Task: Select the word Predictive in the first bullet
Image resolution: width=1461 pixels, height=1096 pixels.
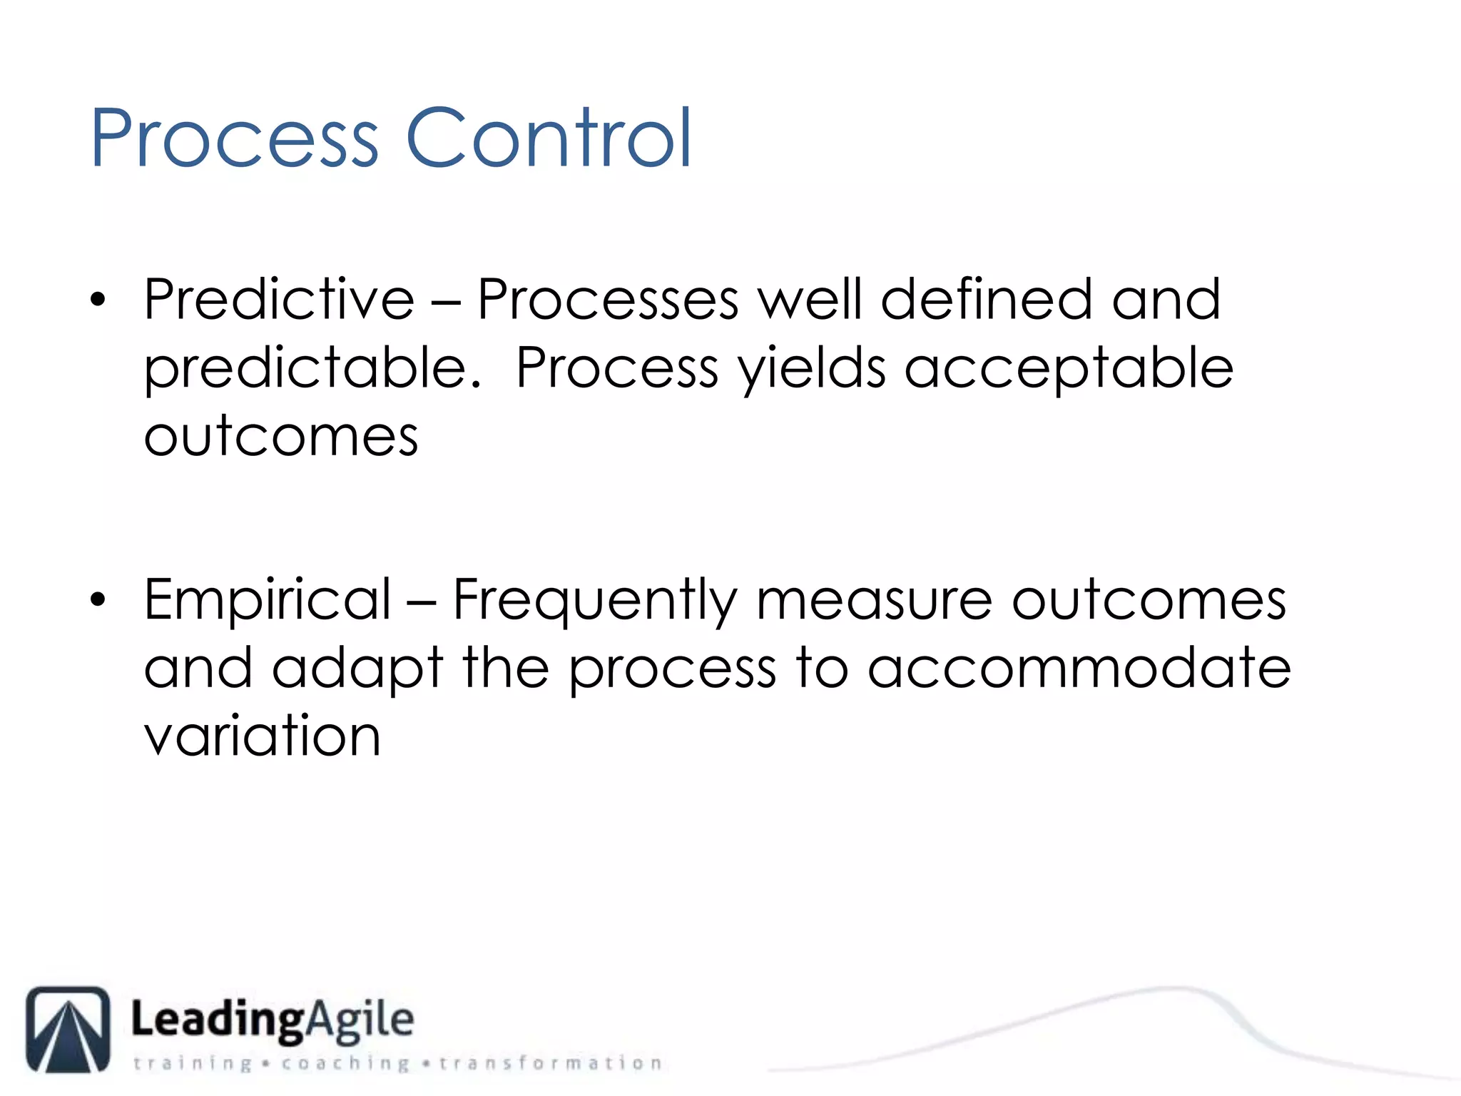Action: click(278, 300)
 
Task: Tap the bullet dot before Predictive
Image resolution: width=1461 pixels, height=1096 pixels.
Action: click(98, 300)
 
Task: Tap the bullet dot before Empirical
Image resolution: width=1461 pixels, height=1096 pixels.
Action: click(98, 600)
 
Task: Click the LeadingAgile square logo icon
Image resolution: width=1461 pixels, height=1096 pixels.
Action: click(68, 1029)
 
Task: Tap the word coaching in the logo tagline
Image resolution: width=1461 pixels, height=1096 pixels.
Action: click(345, 1063)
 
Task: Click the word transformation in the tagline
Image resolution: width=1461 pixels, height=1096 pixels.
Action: click(550, 1063)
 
